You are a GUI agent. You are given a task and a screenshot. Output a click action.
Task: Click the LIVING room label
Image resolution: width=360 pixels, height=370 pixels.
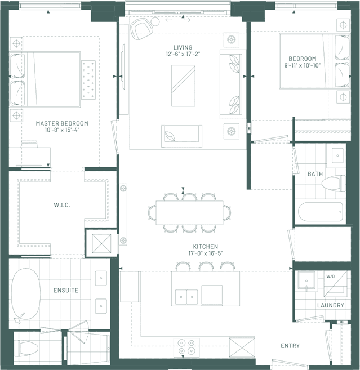pyautogui.click(x=183, y=47)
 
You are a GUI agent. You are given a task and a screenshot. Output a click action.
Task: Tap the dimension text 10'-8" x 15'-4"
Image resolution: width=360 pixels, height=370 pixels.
pyautogui.click(x=62, y=130)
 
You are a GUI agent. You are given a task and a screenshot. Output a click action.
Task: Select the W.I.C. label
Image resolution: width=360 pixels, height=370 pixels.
pyautogui.click(x=62, y=205)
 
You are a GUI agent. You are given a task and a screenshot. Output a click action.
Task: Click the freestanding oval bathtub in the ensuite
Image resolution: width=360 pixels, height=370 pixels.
pyautogui.click(x=25, y=294)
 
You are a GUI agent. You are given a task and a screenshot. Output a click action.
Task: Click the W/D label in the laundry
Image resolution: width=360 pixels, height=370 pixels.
pyautogui.click(x=331, y=277)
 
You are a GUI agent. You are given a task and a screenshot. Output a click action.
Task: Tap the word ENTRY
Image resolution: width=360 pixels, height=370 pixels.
pyautogui.click(x=290, y=346)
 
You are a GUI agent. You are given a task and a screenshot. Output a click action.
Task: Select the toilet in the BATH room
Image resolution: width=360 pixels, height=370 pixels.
pyautogui.click(x=334, y=184)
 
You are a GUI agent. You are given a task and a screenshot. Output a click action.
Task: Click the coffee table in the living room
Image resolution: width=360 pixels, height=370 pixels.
pyautogui.click(x=183, y=86)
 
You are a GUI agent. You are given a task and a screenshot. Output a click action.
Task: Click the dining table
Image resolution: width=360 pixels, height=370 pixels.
pyautogui.click(x=189, y=213)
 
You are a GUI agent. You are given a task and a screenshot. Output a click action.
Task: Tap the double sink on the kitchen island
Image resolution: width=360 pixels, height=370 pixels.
pyautogui.click(x=186, y=297)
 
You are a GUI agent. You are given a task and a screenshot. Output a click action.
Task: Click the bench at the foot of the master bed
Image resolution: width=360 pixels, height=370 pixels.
pyautogui.click(x=88, y=80)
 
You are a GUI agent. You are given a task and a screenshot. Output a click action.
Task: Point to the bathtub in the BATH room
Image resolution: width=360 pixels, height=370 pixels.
pyautogui.click(x=321, y=212)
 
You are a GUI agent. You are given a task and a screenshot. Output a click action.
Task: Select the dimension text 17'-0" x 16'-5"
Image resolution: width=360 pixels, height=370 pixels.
pyautogui.click(x=206, y=253)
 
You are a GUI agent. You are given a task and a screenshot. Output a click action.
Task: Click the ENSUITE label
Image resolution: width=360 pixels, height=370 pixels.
pyautogui.click(x=66, y=290)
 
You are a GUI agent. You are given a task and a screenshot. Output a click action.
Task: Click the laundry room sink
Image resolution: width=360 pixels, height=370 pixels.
pyautogui.click(x=306, y=280)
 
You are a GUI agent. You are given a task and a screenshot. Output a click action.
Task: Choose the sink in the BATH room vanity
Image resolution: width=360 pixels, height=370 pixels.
pyautogui.click(x=337, y=155)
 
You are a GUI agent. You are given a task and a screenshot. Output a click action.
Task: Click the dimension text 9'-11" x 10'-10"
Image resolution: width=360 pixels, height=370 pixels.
pyautogui.click(x=303, y=65)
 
